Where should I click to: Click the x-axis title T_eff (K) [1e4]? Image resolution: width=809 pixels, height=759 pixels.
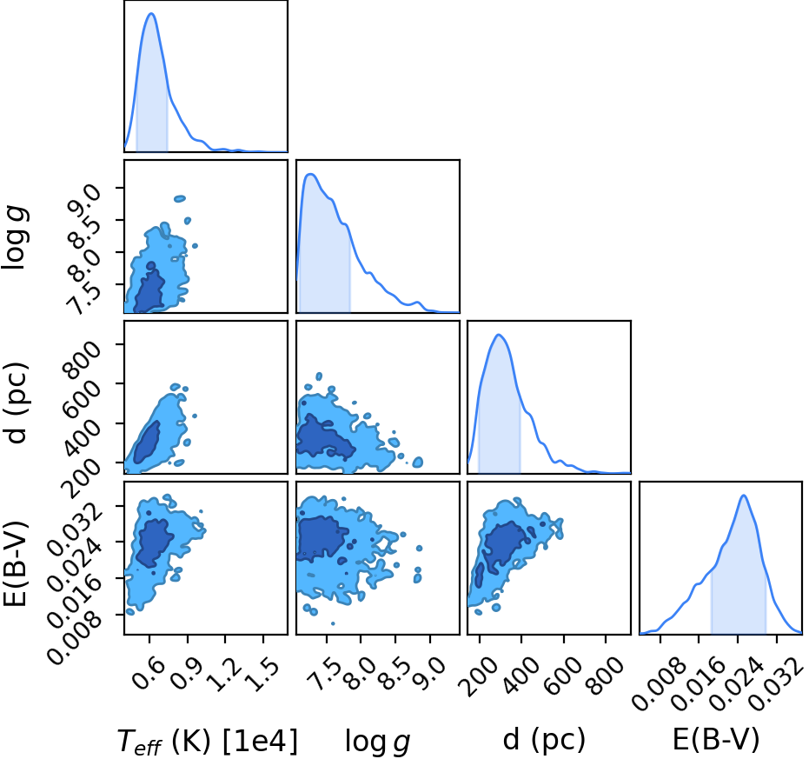point(208,742)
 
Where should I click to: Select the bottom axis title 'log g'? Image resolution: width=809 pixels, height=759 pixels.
point(378,742)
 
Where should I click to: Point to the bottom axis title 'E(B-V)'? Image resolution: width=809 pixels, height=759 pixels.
point(716,740)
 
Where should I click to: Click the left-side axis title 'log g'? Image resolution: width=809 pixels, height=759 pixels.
point(15,236)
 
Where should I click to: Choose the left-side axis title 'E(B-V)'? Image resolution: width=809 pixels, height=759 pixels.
point(15,564)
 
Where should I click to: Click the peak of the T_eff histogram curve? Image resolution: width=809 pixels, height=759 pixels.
point(152,13)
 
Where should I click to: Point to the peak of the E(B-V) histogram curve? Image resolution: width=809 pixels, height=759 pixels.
point(744,496)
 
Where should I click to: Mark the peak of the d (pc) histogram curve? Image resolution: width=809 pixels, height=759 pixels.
point(499,335)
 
